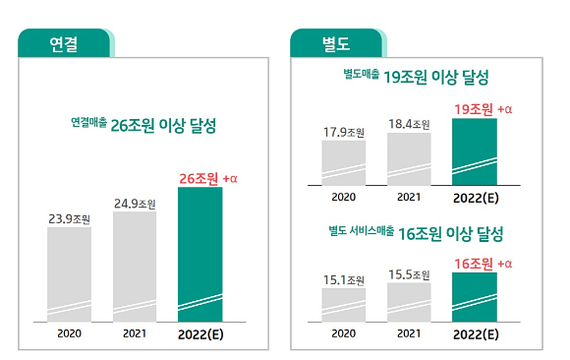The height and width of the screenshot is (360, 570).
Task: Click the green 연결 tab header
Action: click(64, 42)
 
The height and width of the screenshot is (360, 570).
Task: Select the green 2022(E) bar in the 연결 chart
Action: click(199, 254)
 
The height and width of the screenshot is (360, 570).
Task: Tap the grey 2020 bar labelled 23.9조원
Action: click(69, 273)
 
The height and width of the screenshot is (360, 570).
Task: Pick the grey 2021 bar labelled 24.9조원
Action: click(135, 266)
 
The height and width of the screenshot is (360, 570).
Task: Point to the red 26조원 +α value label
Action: click(208, 178)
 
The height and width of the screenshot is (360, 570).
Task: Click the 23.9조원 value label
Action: click(69, 218)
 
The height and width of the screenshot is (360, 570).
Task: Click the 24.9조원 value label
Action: click(135, 203)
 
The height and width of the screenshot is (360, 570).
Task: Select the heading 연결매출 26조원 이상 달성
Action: click(142, 126)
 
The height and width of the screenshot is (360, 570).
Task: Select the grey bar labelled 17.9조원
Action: click(343, 162)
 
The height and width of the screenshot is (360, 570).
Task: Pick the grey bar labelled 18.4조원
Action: click(409, 158)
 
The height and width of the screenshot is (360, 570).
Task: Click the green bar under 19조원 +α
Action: click(474, 151)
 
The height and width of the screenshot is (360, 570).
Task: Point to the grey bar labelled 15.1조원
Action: click(343, 304)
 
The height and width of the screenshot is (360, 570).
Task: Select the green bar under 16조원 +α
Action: click(474, 297)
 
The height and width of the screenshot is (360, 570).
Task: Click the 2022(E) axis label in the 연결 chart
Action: click(200, 334)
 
